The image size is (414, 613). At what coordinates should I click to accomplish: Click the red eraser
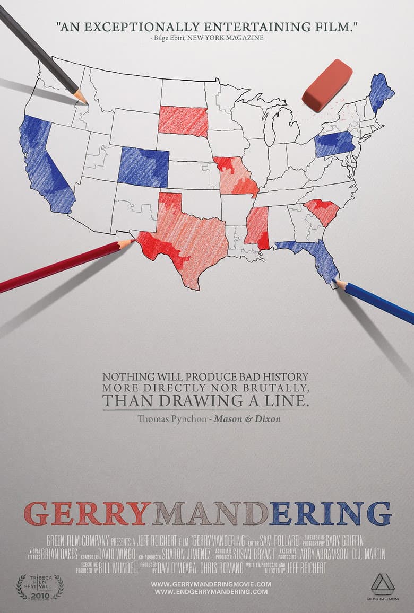click(x=327, y=85)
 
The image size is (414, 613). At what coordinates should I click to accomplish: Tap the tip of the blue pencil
click(x=337, y=282)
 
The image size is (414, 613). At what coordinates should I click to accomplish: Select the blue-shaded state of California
click(x=45, y=164)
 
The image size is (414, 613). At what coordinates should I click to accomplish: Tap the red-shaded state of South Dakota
click(x=183, y=121)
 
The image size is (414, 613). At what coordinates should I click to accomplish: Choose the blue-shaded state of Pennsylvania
click(x=334, y=144)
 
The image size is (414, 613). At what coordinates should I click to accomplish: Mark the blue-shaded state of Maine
click(x=380, y=92)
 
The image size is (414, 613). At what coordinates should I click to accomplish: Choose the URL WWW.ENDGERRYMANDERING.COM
click(x=211, y=591)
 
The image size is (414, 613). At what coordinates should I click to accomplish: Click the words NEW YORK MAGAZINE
click(x=237, y=38)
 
